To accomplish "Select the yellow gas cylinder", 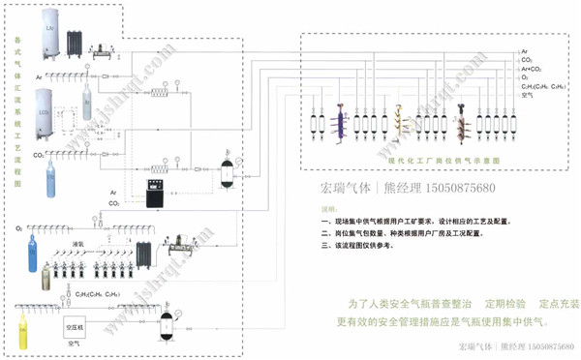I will click(26, 330).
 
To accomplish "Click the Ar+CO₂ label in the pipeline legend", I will click(530, 70).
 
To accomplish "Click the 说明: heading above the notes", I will click(330, 208).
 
